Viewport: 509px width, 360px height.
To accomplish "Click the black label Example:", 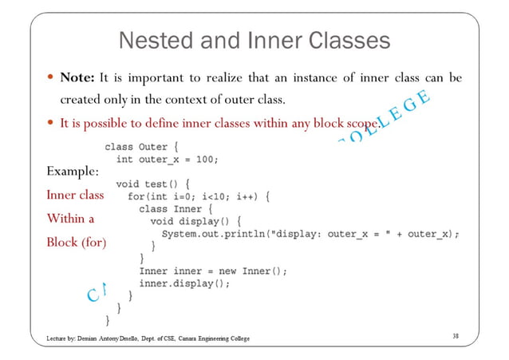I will click(x=72, y=172).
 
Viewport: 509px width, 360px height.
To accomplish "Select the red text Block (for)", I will click(x=76, y=242).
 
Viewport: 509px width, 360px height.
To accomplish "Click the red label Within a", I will click(x=70, y=218).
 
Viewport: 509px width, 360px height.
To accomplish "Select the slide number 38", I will click(x=455, y=338).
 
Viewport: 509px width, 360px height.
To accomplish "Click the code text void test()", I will click(x=150, y=183).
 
